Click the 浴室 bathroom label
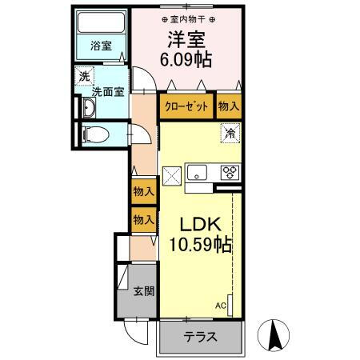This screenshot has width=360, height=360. tap(100, 46)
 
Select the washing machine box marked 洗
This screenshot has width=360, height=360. tap(84, 77)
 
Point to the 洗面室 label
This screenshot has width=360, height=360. tap(107, 91)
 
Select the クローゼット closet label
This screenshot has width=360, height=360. tap(186, 106)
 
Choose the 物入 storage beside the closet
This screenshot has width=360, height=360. tap(228, 106)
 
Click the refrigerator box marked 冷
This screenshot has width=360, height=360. tap(229, 134)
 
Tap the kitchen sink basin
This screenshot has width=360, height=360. tap(198, 172)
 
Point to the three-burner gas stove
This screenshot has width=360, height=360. tap(230, 171)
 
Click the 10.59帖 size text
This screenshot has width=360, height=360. tap(196, 245)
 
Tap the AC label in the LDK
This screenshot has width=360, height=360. tap(220, 304)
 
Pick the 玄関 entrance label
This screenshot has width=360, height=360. tap(144, 290)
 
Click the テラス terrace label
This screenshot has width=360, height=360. tap(200, 337)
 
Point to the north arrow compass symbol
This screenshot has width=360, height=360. tap(274, 334)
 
